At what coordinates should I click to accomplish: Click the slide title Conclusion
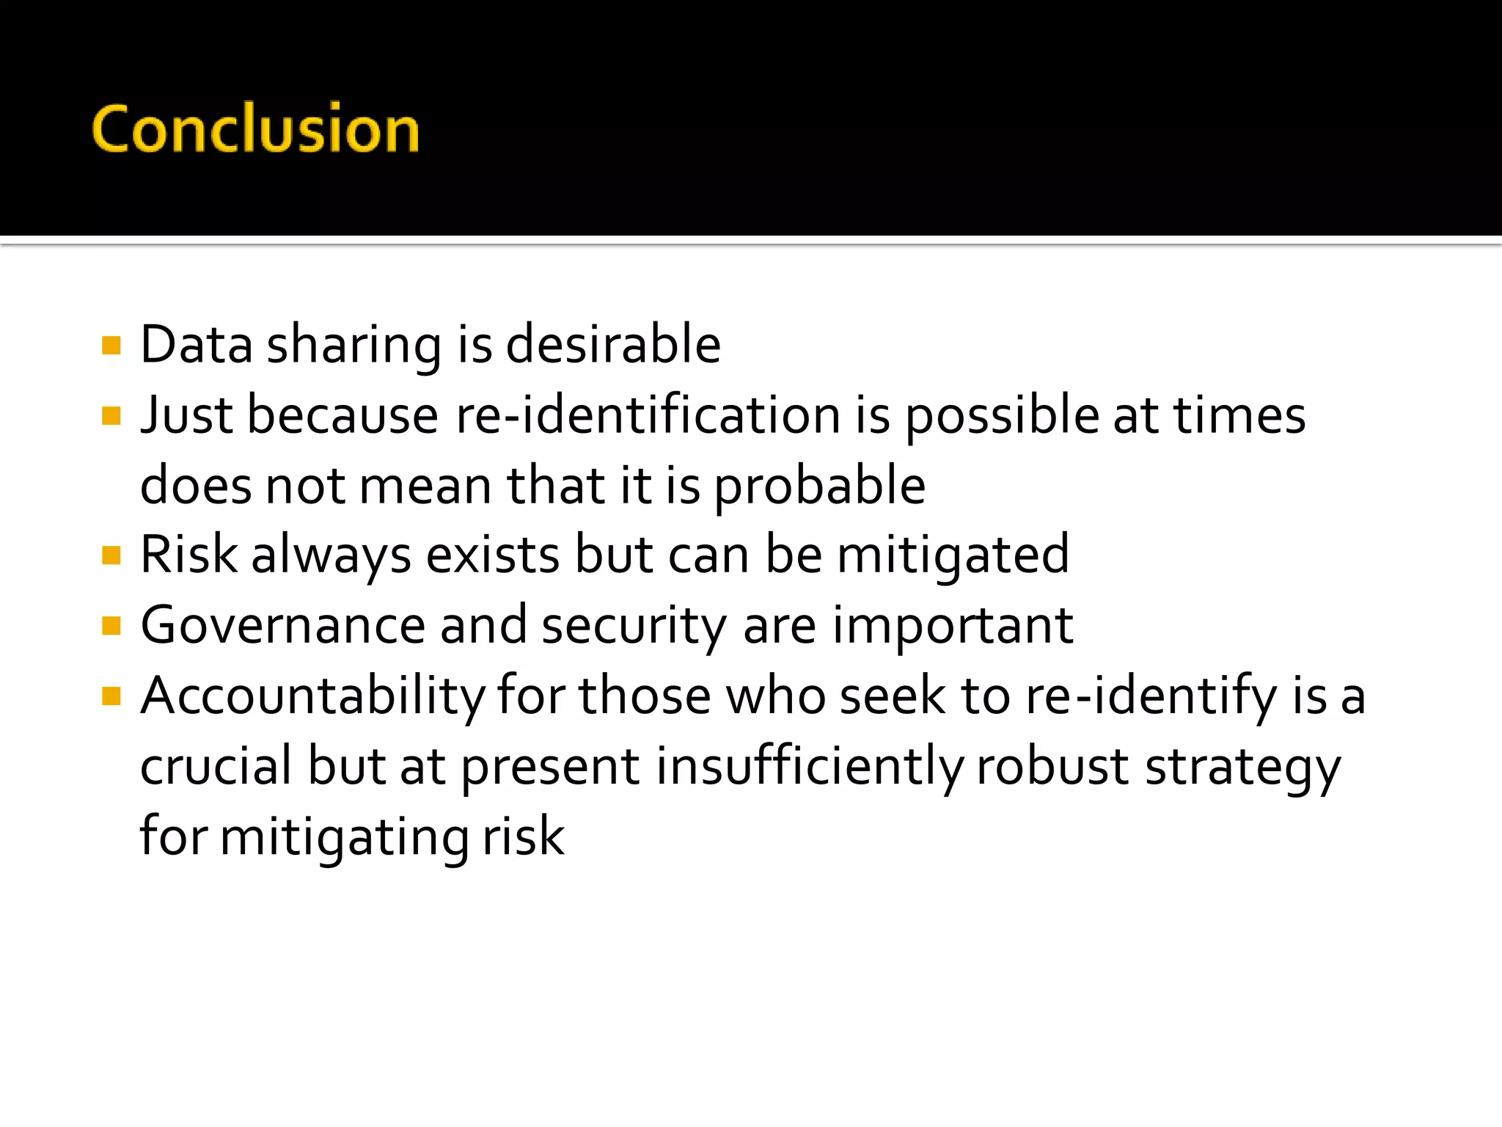[255, 128]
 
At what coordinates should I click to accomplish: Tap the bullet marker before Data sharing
[111, 346]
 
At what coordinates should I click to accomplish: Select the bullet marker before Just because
[111, 416]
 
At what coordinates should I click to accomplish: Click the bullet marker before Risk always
[111, 555]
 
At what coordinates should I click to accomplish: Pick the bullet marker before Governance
[111, 626]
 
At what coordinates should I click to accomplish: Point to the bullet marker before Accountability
[111, 696]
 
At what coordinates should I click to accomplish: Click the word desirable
[613, 344]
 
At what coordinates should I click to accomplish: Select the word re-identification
[648, 415]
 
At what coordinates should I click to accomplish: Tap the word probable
[819, 486]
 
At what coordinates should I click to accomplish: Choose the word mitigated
[953, 555]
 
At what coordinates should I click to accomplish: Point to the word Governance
[283, 625]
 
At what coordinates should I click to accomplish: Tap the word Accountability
[312, 696]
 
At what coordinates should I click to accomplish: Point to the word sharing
[353, 346]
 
